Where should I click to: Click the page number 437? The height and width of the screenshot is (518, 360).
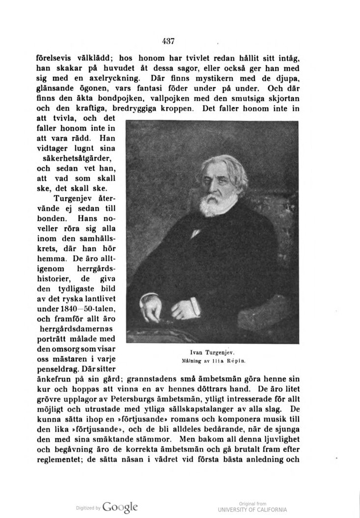[x=168, y=41]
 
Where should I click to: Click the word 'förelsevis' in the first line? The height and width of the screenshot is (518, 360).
[x=56, y=58]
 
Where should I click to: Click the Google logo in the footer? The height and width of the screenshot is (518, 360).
[x=120, y=507]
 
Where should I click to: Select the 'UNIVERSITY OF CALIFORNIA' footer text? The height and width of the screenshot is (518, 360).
[x=252, y=510]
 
